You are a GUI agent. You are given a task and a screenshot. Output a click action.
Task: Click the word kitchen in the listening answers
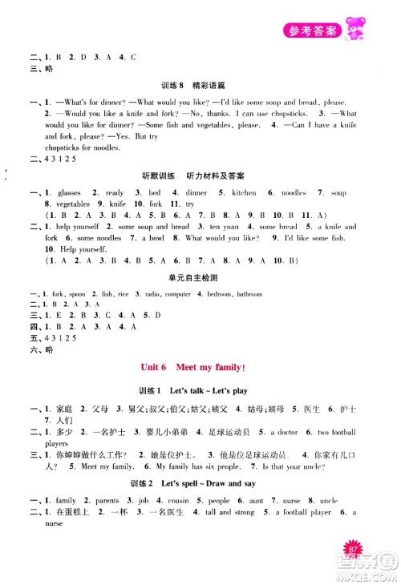(x=245, y=193)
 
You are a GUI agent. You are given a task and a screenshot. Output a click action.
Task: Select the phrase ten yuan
(x=220, y=227)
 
